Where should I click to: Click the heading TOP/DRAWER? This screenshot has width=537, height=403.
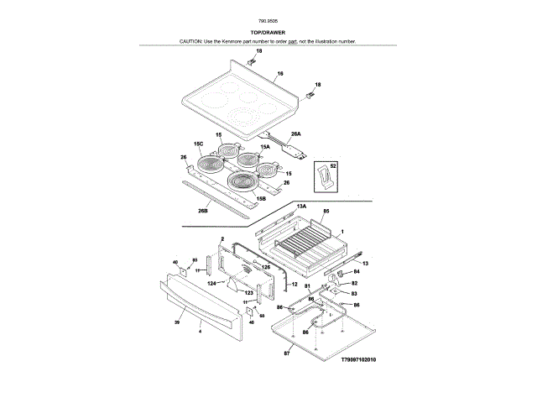[x=268, y=32]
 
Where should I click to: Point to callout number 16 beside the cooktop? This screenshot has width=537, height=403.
[x=280, y=74]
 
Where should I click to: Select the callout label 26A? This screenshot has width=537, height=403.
[x=295, y=134]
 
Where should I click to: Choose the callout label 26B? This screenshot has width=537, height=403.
[x=202, y=211]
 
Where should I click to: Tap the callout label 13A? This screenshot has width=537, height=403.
[x=301, y=206]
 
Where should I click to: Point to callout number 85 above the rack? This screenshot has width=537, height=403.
[x=326, y=212]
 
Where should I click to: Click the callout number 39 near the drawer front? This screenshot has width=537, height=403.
[x=178, y=322]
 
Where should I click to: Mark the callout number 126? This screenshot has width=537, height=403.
[x=266, y=267]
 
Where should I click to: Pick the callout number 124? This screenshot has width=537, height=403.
[x=211, y=284]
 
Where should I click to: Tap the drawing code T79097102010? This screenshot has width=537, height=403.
[x=359, y=359]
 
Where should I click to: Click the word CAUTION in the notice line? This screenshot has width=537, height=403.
[x=191, y=41]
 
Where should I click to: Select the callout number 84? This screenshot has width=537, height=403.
[x=355, y=272]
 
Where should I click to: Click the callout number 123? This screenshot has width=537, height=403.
[x=248, y=292]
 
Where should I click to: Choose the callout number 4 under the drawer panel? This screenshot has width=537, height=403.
[x=200, y=332]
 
